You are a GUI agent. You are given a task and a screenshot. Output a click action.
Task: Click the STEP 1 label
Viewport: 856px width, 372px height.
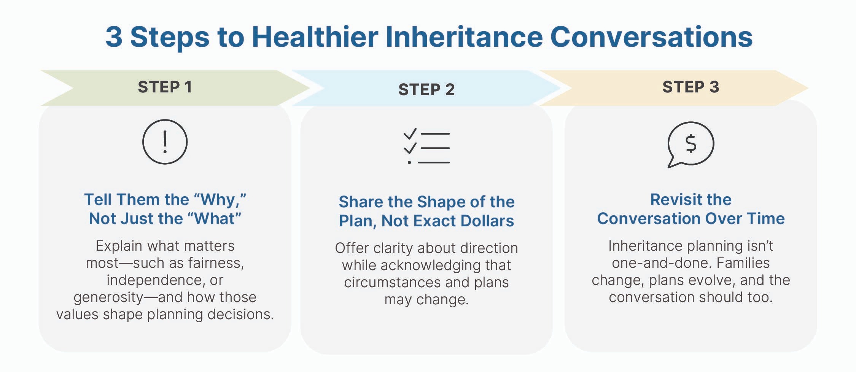coord(164,87)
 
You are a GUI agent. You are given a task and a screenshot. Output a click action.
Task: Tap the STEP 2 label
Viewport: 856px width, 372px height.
coord(426,90)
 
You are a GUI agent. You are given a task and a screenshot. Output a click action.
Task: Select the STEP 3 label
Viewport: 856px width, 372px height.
coord(691,87)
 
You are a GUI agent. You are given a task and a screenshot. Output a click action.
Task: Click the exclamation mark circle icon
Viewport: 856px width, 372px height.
coord(165,142)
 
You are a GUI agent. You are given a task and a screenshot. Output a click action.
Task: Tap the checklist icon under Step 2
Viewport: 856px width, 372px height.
coord(426,146)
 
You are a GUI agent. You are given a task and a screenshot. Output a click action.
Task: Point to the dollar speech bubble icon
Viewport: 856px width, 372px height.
coord(691,144)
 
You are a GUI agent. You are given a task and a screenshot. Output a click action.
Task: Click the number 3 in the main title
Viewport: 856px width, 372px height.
coord(114,37)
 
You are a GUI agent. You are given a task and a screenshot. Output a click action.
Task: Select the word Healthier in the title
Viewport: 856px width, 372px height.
coord(315,37)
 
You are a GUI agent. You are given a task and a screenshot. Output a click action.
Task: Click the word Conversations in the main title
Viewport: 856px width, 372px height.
coord(651,37)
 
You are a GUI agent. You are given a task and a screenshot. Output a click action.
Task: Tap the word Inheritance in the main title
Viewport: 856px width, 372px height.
coord(464,37)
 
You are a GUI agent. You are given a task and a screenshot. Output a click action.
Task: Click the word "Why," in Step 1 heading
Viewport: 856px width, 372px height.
coord(220,200)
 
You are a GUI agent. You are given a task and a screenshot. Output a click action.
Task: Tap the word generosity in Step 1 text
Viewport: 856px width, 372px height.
coord(108,297)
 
